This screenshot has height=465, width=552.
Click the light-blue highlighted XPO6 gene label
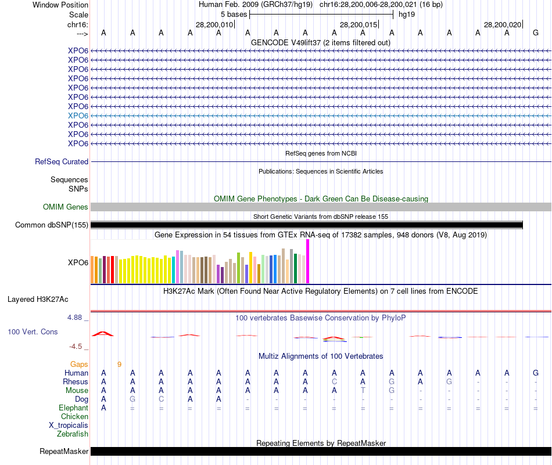pos(78,116)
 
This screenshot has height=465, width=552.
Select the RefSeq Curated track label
pos(62,162)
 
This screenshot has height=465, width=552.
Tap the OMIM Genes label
pos(66,207)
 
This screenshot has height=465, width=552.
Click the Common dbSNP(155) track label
pos(52,225)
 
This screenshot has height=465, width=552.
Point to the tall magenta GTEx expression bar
pos(307,261)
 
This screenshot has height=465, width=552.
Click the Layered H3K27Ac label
pos(38,300)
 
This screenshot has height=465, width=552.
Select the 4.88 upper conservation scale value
pos(76,318)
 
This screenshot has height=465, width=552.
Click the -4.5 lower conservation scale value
pos(77,347)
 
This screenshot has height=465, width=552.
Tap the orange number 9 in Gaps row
pos(119,365)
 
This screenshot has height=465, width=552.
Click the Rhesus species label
pos(76,382)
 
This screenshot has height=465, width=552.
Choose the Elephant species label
pos(73,408)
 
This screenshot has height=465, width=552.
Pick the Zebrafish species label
pos(73,434)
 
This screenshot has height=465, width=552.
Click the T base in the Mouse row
pos(363,391)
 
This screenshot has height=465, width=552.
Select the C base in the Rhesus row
pos(334,382)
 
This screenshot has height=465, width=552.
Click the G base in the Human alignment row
pos(535,373)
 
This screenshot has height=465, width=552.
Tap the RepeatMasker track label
pos(64,451)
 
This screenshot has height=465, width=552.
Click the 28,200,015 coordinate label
pos(359,24)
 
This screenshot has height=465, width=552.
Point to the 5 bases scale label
pos(234,14)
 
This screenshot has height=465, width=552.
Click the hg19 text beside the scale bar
pos(406,14)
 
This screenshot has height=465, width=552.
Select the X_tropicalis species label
pos(69,425)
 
